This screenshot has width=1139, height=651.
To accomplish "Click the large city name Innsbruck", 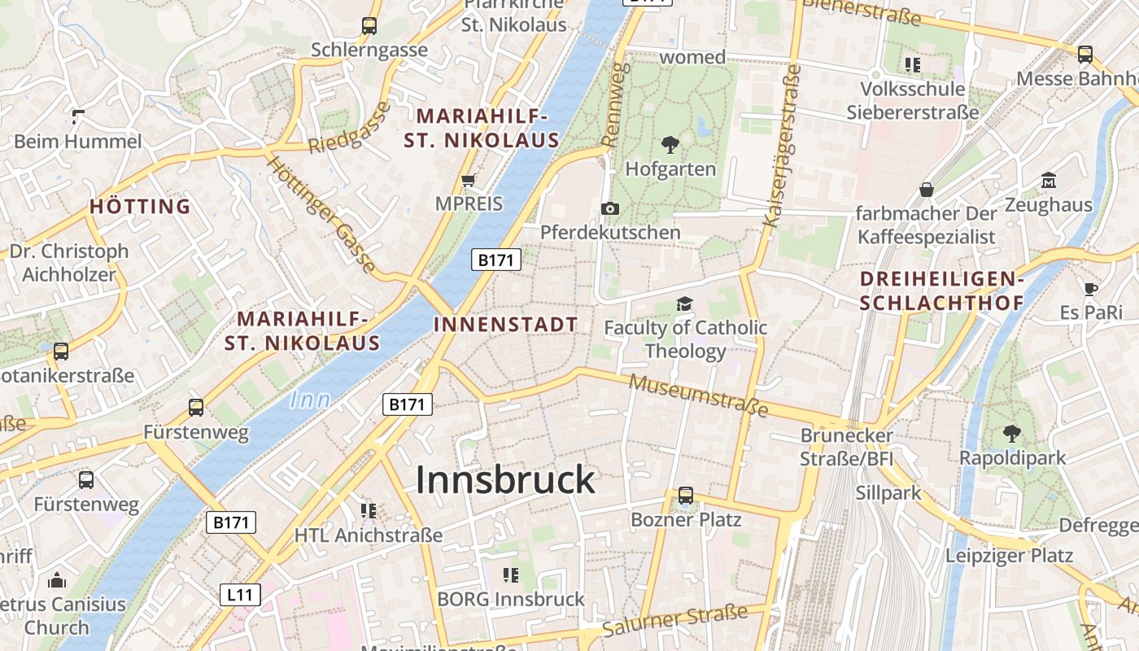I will click(505, 480).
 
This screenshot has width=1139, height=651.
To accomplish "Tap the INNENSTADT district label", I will click(505, 325).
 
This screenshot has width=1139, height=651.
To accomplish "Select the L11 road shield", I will click(240, 595).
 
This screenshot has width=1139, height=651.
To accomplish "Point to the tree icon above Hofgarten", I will click(670, 146).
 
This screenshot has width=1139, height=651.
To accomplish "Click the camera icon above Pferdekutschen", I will click(610, 209).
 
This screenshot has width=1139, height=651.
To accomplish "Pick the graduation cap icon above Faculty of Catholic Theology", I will click(684, 304).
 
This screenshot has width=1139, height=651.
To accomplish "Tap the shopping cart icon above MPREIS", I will click(468, 180).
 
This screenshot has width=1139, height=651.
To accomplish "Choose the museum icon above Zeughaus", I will click(1048, 181).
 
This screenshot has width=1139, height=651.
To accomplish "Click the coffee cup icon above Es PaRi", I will click(1091, 288).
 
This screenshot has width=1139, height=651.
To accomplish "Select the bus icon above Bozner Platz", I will click(686, 495).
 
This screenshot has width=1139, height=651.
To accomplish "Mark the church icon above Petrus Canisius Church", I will click(57, 580).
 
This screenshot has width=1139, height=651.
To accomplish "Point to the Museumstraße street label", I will click(699, 395).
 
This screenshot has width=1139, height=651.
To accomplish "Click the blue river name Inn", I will click(310, 400).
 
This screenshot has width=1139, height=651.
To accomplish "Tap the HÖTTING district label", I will click(140, 207).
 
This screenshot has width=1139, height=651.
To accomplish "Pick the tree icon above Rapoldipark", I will click(1012, 433).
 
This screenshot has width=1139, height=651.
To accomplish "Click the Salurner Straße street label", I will click(674, 623).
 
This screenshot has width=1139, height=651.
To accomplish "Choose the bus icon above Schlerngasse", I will click(369, 26).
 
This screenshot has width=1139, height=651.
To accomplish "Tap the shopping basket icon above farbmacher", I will click(926, 190).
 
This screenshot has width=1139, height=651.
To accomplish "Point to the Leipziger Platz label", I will click(1009, 557).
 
